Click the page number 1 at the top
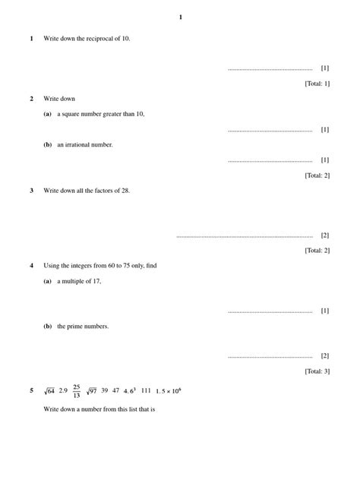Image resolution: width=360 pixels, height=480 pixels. coord(180,17)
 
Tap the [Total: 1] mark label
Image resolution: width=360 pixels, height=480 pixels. coord(317,84)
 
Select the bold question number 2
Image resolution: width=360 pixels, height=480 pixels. coord(31,99)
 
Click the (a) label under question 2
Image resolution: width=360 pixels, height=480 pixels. coord(48,114)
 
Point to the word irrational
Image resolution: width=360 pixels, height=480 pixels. coord(84,144)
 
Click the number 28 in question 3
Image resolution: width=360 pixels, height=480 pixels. coord(125,191)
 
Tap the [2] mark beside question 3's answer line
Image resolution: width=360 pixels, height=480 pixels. coord(325,235)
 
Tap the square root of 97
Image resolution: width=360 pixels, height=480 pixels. coord(92,391)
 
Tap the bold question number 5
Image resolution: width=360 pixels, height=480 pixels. coord(31,391)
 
